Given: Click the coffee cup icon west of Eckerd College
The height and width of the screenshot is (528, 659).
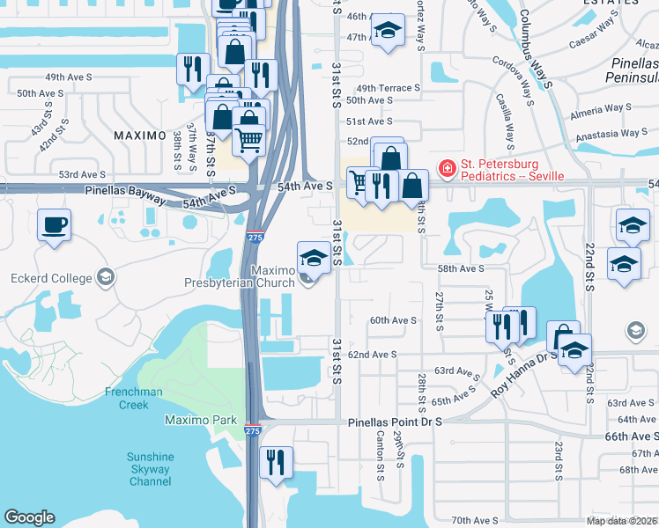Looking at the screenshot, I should (x=54, y=224).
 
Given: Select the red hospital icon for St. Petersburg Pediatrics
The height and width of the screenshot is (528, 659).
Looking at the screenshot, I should (x=447, y=167).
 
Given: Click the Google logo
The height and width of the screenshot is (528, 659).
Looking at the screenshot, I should (x=29, y=517).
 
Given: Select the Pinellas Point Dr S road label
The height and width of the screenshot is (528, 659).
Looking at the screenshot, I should (x=395, y=422).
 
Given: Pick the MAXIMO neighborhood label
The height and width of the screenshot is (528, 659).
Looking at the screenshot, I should (x=139, y=136).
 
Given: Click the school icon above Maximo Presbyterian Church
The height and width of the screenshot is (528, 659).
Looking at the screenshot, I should (x=315, y=258).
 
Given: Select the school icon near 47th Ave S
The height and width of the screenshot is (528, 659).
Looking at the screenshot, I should (x=386, y=31).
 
